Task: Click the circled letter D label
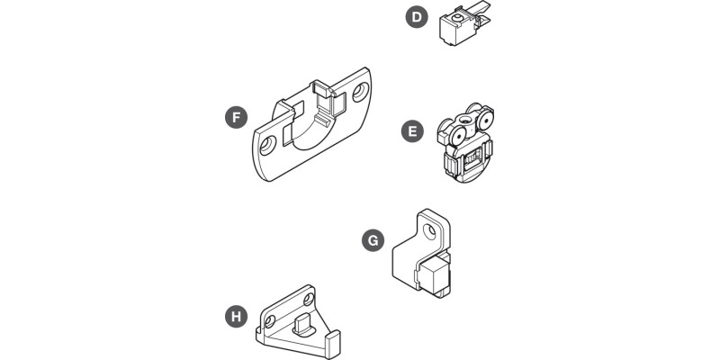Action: [416, 18]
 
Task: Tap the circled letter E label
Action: [411, 132]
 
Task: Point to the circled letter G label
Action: [373, 240]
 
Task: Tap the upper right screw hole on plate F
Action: [361, 91]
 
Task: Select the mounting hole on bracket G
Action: [429, 230]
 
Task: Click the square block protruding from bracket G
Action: [437, 275]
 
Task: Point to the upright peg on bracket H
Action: [301, 325]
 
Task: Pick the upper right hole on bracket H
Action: [309, 297]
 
